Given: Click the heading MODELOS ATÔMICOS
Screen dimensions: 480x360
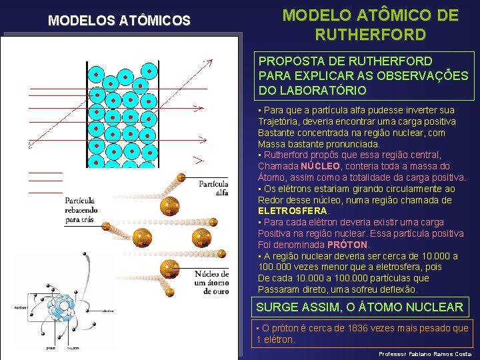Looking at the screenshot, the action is click(119, 21).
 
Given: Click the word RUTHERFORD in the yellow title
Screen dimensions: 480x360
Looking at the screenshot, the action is click(371, 34).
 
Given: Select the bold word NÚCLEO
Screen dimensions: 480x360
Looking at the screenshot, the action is click(320, 166).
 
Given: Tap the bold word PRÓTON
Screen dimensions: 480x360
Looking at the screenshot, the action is click(347, 245).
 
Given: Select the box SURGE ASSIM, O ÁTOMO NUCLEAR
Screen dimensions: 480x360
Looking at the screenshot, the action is click(359, 307).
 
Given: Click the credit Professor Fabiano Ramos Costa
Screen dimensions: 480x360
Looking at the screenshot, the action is click(425, 353).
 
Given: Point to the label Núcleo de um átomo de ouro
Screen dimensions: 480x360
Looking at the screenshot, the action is click(212, 282).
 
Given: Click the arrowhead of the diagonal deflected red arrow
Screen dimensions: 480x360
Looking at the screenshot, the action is click(209, 61).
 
